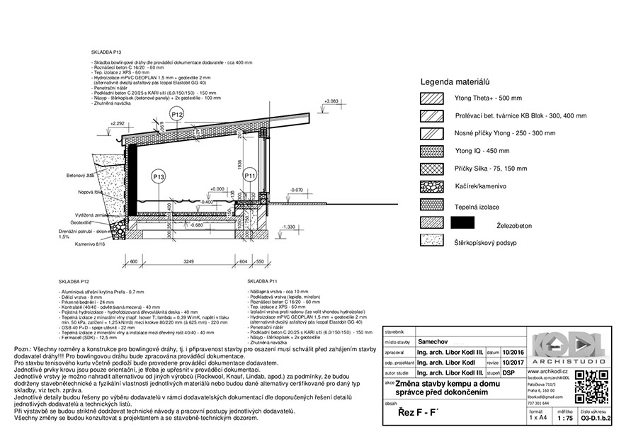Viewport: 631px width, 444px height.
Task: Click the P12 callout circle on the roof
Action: pyautogui.click(x=177, y=114)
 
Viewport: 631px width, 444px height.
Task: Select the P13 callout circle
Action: pyautogui.click(x=158, y=176)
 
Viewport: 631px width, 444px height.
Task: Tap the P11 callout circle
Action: pyautogui.click(x=250, y=176)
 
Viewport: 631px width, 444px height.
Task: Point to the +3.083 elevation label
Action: pyautogui.click(x=330, y=102)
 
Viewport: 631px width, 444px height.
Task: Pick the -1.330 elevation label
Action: pyautogui.click(x=288, y=227)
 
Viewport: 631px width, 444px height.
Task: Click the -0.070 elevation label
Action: pyautogui.click(x=296, y=190)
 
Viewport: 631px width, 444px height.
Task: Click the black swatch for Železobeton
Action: pyautogui.click(x=462, y=223)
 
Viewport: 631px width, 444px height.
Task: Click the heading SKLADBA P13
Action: pyautogui.click(x=107, y=52)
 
